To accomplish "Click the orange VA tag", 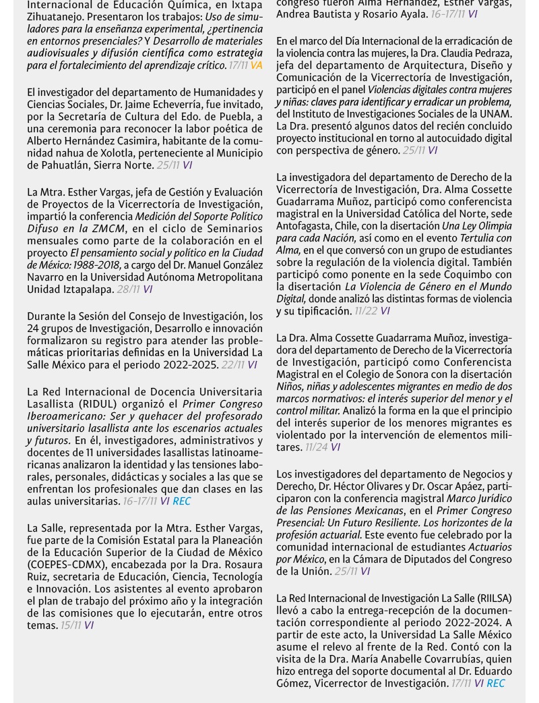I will coord(256,65).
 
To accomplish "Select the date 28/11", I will coord(126,289).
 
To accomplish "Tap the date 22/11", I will coord(232,365).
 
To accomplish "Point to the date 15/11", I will coord(71,625).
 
